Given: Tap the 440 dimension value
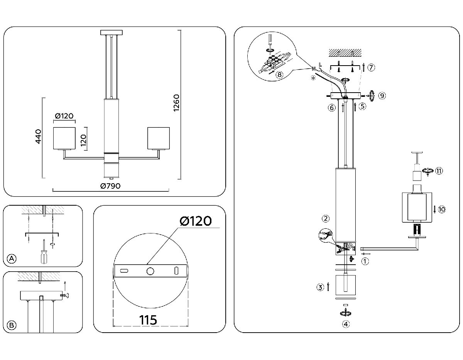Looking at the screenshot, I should [x=38, y=137].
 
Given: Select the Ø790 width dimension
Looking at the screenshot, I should [x=110, y=186].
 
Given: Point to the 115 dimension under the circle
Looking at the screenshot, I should [x=148, y=320].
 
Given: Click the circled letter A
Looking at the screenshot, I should [x=12, y=259].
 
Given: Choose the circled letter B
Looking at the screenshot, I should [x=12, y=325].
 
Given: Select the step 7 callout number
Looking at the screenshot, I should [x=370, y=68].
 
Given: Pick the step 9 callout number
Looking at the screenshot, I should [x=382, y=96].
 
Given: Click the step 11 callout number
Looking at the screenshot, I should [x=439, y=171].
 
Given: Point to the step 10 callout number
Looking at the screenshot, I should [x=442, y=210].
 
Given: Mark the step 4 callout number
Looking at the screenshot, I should [x=346, y=324].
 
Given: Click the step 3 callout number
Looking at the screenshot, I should [x=320, y=287].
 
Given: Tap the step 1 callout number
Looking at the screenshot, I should [x=365, y=261].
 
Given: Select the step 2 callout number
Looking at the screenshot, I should [x=326, y=219].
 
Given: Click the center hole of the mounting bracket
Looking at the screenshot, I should [x=150, y=271].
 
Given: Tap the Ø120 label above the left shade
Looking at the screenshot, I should [x=64, y=116].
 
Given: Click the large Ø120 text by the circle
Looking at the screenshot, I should [x=196, y=221].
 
